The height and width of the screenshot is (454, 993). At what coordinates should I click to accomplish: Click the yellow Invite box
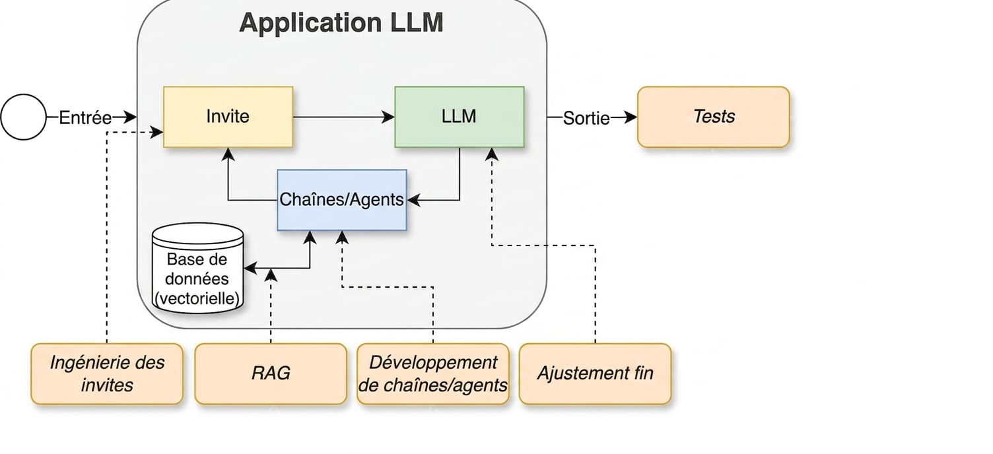coord(228,117)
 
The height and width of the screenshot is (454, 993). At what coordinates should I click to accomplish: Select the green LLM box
coord(460,117)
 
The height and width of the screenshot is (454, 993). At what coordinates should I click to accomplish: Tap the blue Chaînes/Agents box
coord(342,200)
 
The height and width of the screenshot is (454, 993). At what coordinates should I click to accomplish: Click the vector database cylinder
coord(197,269)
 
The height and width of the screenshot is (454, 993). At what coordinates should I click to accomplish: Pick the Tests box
coord(714,117)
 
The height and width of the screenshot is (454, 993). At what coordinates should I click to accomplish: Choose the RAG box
coord(271,374)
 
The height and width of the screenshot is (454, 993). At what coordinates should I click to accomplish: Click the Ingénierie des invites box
coord(107,374)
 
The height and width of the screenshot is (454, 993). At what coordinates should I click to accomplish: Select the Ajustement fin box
coord(595,374)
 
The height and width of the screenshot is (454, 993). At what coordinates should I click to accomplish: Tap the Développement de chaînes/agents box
coord(432,374)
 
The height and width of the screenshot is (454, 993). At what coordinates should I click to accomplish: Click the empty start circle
coord(23,117)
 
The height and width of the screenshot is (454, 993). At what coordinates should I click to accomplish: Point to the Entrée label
coord(85,118)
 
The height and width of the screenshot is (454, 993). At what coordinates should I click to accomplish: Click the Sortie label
coord(586,118)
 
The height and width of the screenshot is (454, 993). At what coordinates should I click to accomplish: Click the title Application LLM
coord(341,22)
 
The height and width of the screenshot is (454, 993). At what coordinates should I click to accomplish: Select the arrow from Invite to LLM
coord(343,117)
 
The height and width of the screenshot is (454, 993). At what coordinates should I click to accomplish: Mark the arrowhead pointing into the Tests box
coord(631,117)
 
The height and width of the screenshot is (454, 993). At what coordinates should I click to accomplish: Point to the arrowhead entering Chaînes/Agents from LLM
coord(413,200)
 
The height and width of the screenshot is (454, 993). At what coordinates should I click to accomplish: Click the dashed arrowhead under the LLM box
coord(492,154)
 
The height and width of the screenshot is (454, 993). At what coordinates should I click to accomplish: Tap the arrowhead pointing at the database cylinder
coord(250,269)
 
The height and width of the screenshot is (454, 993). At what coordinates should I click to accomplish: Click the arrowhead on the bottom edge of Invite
coord(228,154)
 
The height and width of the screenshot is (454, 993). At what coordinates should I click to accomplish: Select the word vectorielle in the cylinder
coord(197,298)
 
